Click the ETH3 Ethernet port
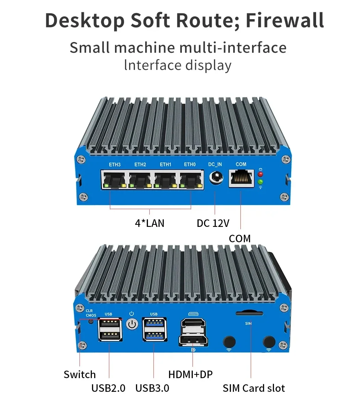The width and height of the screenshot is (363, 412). [114, 180]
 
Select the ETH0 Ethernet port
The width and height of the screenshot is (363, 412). [191, 180]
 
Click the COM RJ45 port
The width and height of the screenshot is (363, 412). [241, 178]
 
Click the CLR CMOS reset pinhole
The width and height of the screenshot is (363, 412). [91, 321]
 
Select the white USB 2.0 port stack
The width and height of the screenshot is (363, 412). [110, 330]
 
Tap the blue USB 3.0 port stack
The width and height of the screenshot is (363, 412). [154, 330]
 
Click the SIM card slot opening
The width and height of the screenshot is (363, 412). [249, 313]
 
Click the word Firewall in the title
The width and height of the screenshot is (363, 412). [285, 21]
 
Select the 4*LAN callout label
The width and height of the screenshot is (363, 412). [150, 223]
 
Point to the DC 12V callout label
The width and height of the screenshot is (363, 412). [213, 223]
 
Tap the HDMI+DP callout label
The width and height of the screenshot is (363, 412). [190, 374]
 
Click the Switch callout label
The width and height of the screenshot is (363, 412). [80, 374]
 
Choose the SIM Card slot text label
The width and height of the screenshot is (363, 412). [254, 388]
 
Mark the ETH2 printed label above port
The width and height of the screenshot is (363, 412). [140, 165]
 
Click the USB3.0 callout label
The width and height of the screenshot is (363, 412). [152, 388]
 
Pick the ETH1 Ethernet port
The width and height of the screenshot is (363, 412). [166, 180]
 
